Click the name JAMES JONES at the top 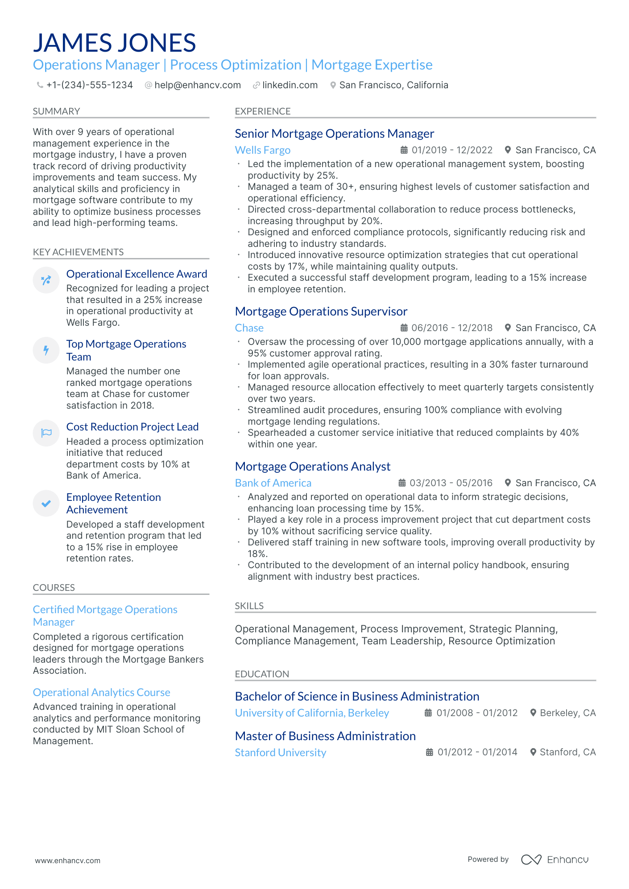point(114,43)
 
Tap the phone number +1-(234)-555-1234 point(89,85)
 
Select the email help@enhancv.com point(197,85)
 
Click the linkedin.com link point(290,85)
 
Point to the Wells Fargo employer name point(262,150)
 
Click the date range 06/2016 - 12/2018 point(451,328)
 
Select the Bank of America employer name point(273,483)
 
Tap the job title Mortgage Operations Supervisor point(321,311)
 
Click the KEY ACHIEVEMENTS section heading point(78,252)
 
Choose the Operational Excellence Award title point(137,274)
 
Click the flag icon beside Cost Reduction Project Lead point(46,433)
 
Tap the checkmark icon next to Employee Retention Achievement point(46,504)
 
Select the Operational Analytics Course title point(102,692)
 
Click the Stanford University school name point(280,753)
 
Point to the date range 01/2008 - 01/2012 point(476,713)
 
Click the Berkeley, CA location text point(567,713)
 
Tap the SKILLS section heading point(249,606)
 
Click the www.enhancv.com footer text point(68,860)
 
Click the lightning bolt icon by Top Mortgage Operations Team point(46,350)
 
